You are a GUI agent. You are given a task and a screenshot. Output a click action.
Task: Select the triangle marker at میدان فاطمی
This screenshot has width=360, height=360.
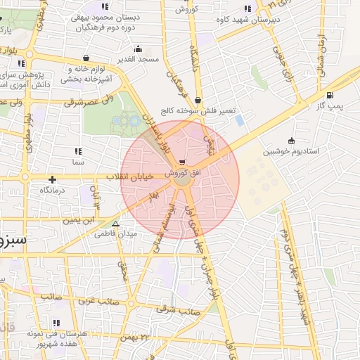(116, 224)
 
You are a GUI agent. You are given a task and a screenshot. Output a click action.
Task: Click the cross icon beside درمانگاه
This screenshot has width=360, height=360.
(52, 179)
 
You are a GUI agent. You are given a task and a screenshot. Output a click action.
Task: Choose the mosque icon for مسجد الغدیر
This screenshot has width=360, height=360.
(138, 49)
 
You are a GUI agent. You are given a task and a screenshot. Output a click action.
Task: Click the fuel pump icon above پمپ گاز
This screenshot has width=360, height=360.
(330, 95)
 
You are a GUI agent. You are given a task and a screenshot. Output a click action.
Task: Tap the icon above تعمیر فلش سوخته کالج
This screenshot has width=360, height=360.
(198, 100)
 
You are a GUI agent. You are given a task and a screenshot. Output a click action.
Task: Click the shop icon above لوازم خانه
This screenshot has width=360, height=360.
(86, 58)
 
